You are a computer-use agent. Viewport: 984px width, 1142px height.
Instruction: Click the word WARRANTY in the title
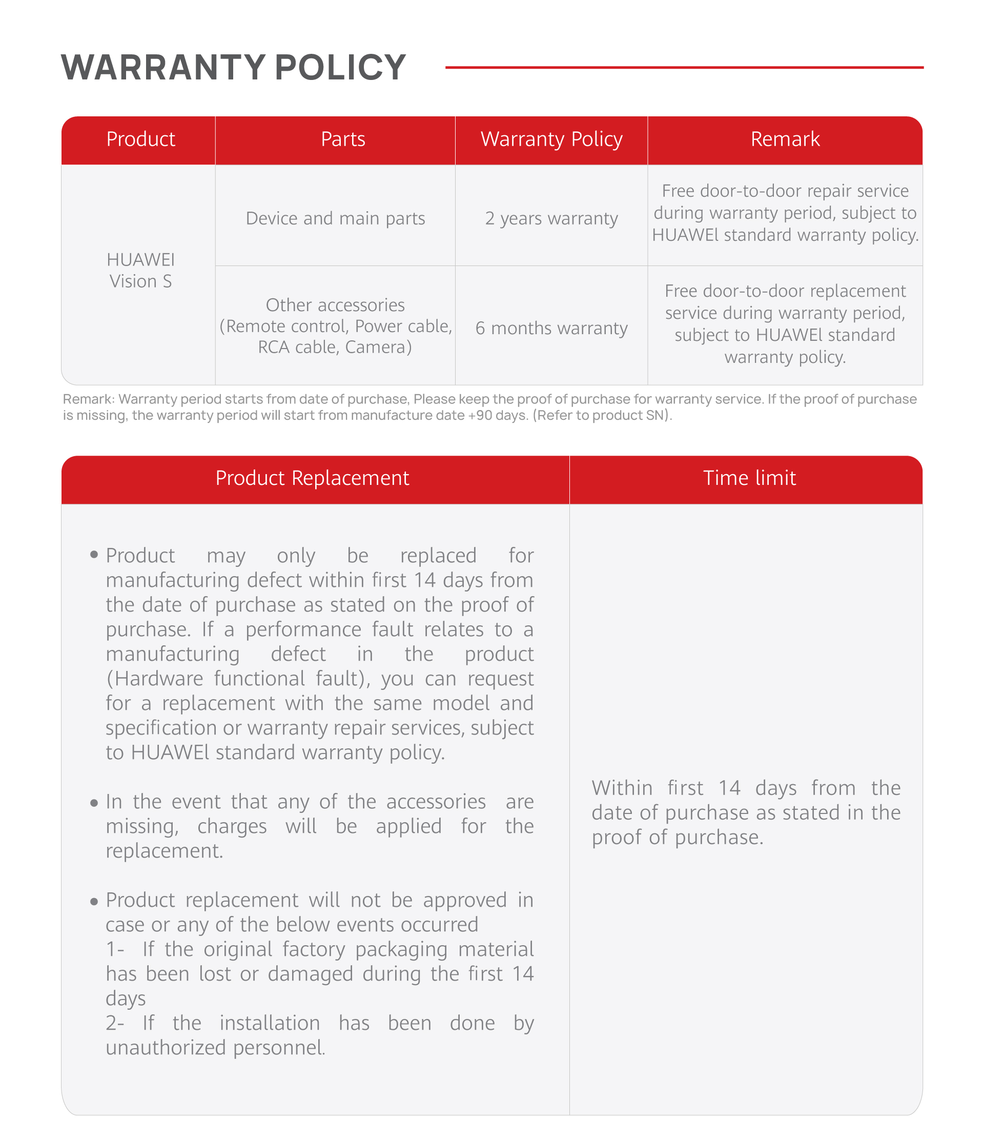163,67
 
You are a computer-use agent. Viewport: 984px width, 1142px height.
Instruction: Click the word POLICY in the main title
340,67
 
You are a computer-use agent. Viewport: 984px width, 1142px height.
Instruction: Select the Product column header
140,139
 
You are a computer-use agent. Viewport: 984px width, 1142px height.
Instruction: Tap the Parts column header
343,139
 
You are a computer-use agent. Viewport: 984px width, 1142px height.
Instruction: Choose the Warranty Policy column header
551,139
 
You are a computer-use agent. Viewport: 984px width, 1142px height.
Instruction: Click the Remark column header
785,139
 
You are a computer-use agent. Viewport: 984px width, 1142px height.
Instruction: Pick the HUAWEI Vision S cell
140,270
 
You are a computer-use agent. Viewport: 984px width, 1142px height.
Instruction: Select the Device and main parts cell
335,218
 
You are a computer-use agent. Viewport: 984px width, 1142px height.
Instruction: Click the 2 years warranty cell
551,218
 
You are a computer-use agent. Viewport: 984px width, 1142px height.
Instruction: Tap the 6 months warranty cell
551,328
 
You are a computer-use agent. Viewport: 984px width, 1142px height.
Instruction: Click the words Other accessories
335,305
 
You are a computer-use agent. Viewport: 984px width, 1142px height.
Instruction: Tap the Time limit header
749,478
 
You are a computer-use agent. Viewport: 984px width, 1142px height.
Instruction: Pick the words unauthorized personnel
215,1047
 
